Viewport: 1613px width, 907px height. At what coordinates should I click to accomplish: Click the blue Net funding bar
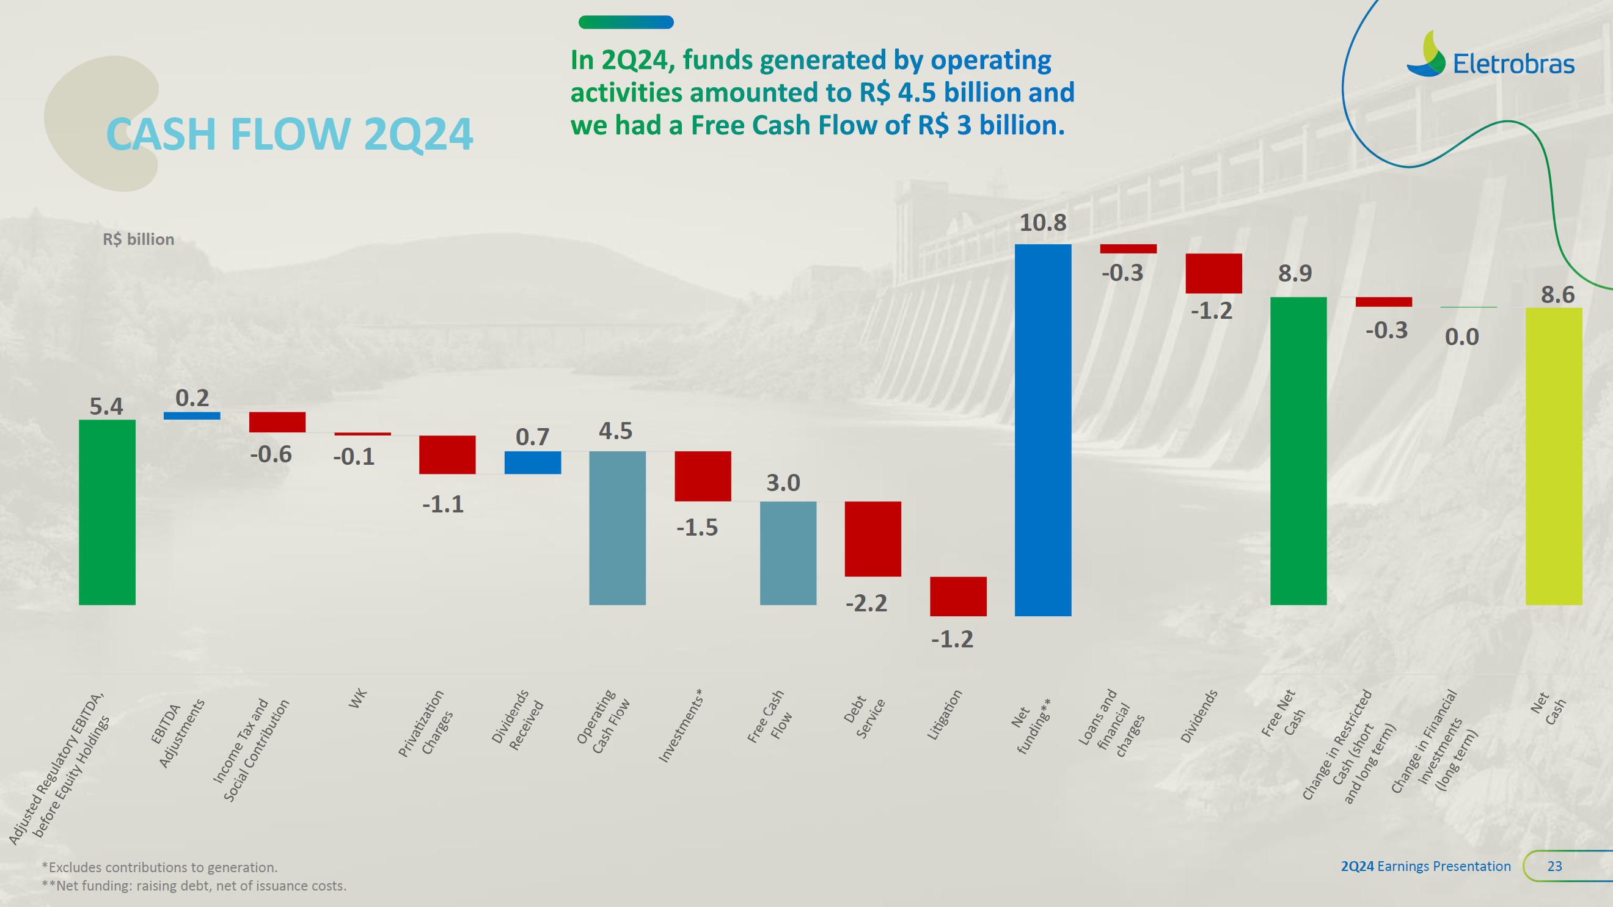point(1042,429)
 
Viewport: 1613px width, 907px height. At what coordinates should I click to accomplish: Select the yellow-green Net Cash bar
point(1554,456)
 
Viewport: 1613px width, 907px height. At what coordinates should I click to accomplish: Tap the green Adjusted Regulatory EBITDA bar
point(107,511)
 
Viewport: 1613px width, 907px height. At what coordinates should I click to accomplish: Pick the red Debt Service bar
point(872,538)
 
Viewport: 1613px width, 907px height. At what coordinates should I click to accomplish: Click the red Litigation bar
point(957,596)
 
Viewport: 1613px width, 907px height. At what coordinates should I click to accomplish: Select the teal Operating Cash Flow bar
point(616,528)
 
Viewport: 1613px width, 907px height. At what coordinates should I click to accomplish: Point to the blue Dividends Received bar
point(532,462)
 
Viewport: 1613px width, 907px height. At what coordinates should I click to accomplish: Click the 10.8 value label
point(1042,223)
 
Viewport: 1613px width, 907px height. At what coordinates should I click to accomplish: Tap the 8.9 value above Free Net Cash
point(1295,274)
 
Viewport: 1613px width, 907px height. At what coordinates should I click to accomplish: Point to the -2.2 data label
point(866,603)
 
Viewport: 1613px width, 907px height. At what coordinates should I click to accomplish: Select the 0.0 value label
point(1461,337)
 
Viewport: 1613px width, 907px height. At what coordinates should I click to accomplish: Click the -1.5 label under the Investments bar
point(697,528)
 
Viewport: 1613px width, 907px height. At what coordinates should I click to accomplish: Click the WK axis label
point(357,699)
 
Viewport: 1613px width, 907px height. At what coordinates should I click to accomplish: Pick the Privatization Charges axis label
point(426,723)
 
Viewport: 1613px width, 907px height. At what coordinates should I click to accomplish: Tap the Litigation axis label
point(943,715)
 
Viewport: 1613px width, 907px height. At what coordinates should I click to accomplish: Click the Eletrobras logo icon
point(1426,54)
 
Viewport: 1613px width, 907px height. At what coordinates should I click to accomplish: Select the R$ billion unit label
point(138,239)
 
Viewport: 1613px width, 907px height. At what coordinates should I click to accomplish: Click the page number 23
point(1554,865)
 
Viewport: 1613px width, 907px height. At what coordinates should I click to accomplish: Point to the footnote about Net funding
point(194,886)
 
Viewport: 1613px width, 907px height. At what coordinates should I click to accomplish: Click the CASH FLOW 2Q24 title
point(289,133)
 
